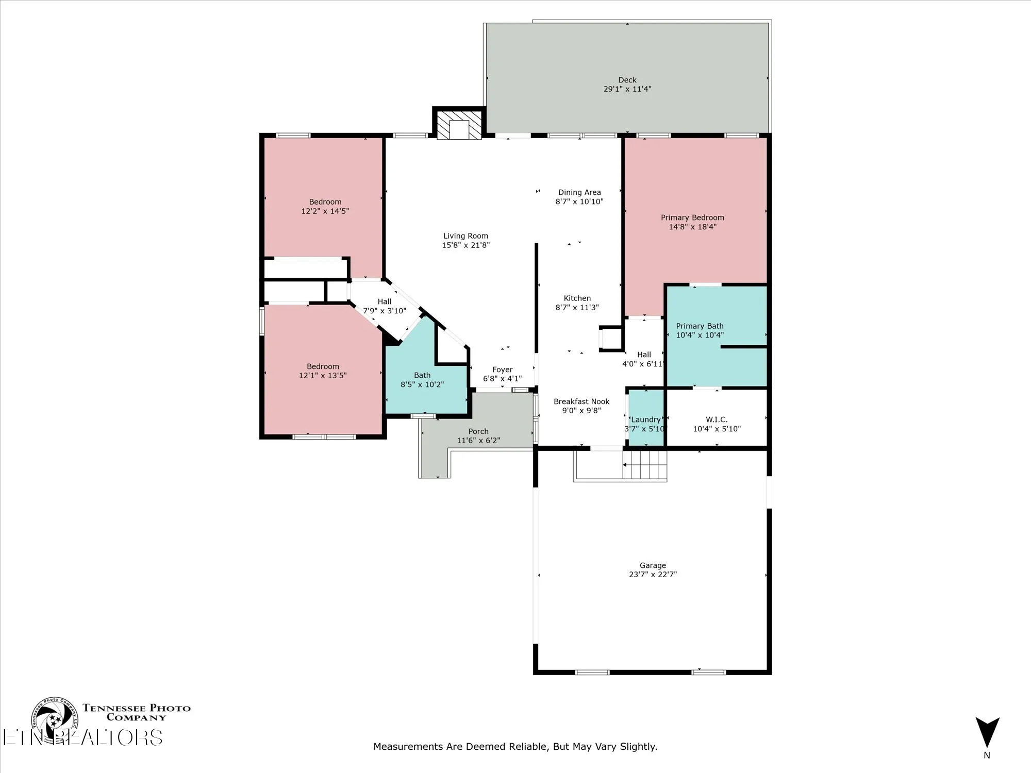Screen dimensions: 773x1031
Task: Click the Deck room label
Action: (x=627, y=80)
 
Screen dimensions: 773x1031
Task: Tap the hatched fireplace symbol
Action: (x=459, y=124)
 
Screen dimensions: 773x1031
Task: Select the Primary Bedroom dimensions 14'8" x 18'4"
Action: (x=692, y=227)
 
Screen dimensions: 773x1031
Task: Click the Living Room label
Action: (x=465, y=236)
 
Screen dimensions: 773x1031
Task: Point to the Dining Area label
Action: (x=579, y=192)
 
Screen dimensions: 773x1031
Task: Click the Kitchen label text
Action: (x=577, y=298)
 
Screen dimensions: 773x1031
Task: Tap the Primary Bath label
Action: (x=700, y=326)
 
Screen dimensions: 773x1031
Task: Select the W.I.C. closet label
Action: (x=717, y=419)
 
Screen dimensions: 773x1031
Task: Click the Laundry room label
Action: (x=645, y=419)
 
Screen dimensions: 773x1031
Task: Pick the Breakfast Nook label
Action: (x=581, y=401)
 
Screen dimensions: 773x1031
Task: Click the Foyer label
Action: (x=502, y=369)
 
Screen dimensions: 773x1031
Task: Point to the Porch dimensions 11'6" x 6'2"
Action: (x=478, y=441)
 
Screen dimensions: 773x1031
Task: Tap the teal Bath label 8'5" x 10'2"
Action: (x=422, y=380)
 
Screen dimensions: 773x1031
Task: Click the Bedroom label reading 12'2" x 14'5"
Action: (x=325, y=206)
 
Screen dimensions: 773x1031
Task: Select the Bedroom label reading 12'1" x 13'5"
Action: (x=323, y=371)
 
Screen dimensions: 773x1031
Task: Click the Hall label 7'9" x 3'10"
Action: (x=385, y=306)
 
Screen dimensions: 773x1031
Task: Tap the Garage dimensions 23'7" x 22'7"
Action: (x=653, y=574)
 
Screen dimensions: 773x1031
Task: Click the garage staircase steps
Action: (x=645, y=464)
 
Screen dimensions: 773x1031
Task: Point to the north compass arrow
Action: (x=987, y=732)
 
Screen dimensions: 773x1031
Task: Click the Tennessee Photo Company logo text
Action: (x=137, y=712)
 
